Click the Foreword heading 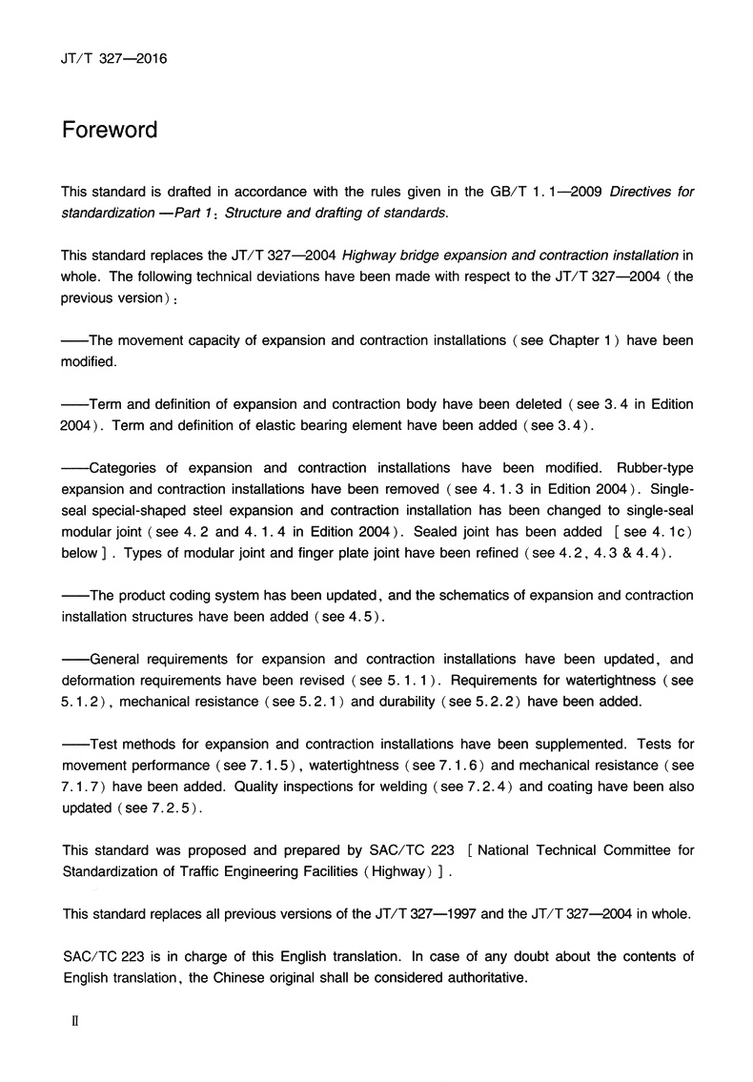(110, 130)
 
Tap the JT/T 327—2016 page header (114, 58)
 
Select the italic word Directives (640, 192)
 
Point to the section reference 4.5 (357, 617)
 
